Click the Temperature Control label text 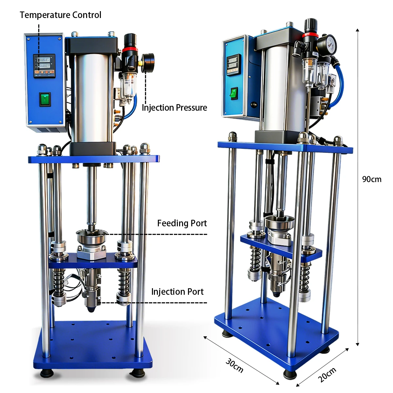point(61,15)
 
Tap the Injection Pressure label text point(174,108)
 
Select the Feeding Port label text point(182,223)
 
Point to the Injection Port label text point(177,292)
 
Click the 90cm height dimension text point(372,179)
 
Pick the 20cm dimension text point(327,375)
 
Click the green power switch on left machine point(45,99)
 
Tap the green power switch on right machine point(234,94)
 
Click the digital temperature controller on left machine point(44,66)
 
